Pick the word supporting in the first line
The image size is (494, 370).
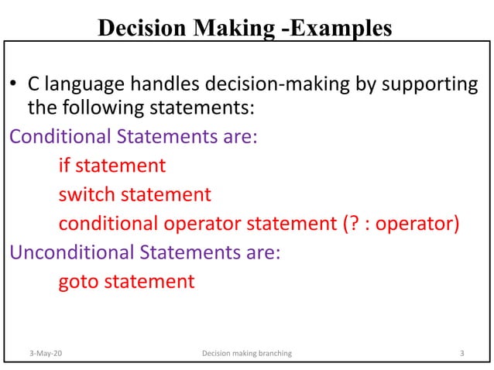[x=425, y=83]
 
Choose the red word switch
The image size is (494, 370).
[x=87, y=194]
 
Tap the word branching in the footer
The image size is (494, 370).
[x=273, y=354]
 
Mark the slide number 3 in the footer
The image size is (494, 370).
[x=461, y=354]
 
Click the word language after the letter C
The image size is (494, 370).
[x=80, y=83]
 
